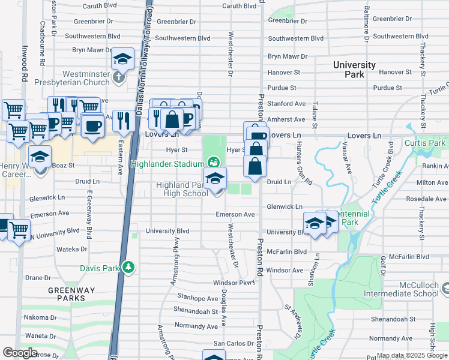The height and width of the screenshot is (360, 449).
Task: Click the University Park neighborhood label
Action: point(354,70)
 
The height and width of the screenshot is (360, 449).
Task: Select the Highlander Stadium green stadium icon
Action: point(212,162)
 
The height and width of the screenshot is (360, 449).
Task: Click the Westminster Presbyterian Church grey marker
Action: point(119,77)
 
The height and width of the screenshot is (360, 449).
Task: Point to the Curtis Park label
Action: point(424,143)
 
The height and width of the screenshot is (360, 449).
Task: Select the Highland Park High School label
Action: point(182,189)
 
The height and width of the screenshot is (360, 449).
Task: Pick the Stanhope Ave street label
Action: point(197,298)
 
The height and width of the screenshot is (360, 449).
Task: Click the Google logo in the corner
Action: point(20,353)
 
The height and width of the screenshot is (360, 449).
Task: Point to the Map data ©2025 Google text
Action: point(411,356)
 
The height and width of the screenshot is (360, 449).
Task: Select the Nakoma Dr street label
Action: point(41,317)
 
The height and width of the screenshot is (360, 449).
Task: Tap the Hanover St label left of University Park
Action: point(284,72)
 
